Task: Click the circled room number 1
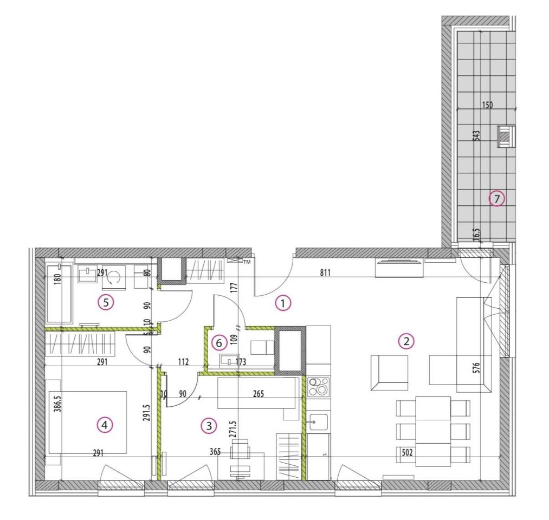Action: (x=283, y=303)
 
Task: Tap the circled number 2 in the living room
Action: (x=406, y=341)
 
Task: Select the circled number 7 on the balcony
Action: (x=497, y=199)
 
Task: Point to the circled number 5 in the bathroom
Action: (x=106, y=303)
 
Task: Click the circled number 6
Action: (x=219, y=343)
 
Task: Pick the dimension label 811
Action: (x=325, y=272)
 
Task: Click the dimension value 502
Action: (x=407, y=453)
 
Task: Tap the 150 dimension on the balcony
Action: (x=487, y=105)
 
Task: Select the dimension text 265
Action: (x=259, y=394)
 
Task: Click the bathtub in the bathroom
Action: (x=59, y=294)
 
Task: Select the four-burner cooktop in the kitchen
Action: (x=318, y=387)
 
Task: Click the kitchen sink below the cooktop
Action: (x=318, y=422)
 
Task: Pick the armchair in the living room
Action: (x=389, y=373)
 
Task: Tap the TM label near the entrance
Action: (x=247, y=262)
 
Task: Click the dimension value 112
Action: (x=184, y=361)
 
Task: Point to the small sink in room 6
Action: (x=229, y=361)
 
